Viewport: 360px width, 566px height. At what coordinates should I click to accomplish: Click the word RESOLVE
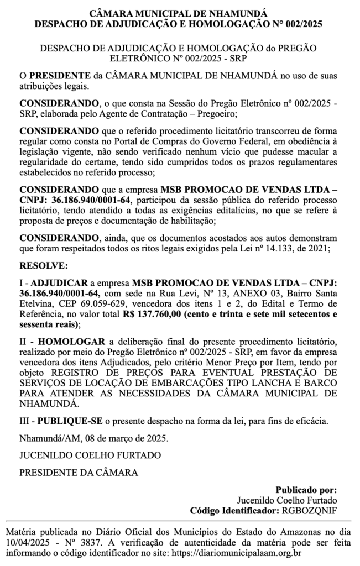(43, 266)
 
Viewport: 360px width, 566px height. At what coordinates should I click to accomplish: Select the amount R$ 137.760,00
(153, 315)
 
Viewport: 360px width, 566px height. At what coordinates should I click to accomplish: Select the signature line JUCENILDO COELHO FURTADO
(90, 455)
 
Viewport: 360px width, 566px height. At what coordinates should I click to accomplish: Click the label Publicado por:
(306, 490)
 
